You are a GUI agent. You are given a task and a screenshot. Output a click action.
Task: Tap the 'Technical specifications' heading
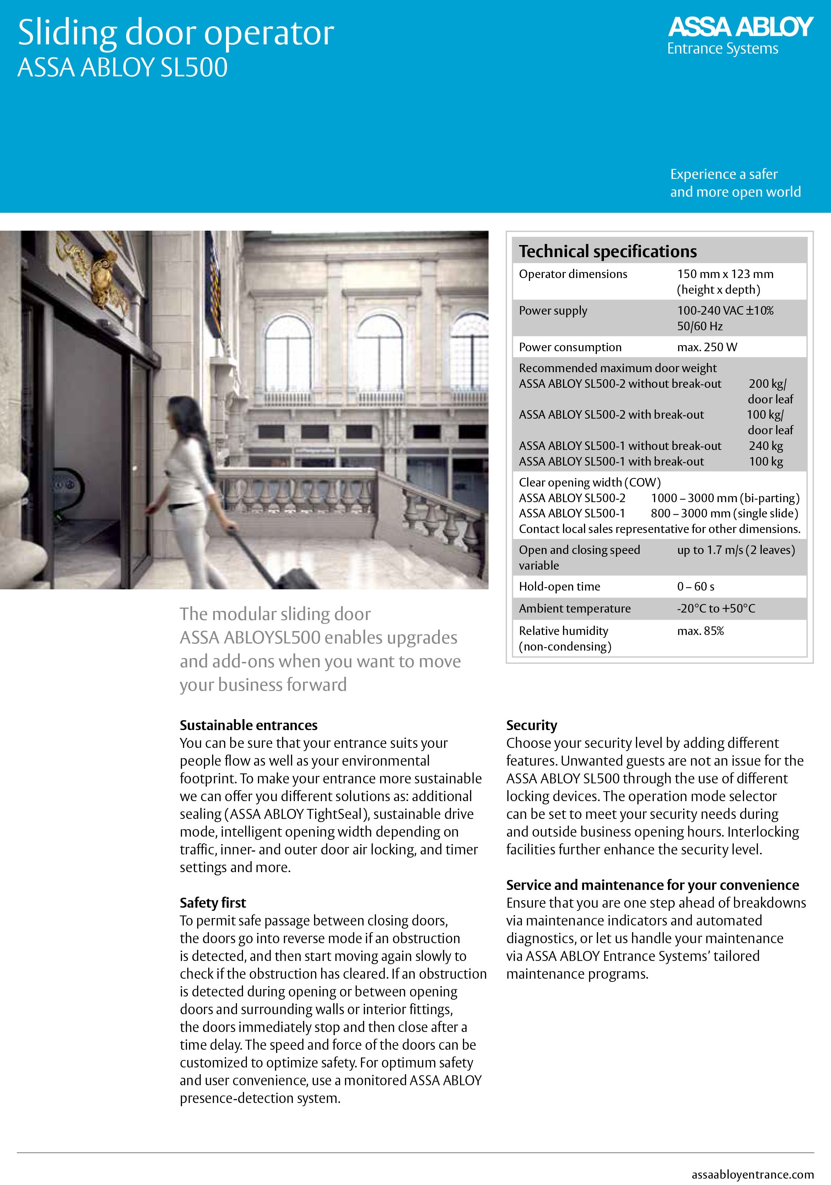[x=608, y=251]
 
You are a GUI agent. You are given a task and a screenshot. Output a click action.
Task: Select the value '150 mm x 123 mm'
[x=725, y=274]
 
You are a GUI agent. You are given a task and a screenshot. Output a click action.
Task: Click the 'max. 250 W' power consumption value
[x=707, y=347]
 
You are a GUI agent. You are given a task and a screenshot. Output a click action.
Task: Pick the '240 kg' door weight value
[x=766, y=446]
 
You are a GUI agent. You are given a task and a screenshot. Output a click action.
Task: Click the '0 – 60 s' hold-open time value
[x=696, y=586]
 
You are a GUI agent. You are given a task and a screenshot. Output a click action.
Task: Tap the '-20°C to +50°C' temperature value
[x=716, y=609]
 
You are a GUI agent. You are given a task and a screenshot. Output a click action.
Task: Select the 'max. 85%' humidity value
[x=700, y=631]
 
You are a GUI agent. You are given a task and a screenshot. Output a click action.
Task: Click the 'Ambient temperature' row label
[x=574, y=609]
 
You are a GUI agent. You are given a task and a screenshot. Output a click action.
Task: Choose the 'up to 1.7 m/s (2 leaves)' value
[x=736, y=550]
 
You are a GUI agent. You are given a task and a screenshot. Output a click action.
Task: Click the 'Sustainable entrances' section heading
[x=248, y=725]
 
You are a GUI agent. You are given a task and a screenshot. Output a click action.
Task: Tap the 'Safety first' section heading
[x=213, y=903]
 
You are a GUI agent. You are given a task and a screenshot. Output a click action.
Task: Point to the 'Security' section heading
[x=531, y=725]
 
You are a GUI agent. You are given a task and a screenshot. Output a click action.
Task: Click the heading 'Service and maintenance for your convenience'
[x=652, y=885]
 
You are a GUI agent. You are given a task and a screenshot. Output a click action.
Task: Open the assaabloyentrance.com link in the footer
[x=752, y=1175]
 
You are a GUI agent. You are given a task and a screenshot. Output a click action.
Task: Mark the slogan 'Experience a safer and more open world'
[x=735, y=183]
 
